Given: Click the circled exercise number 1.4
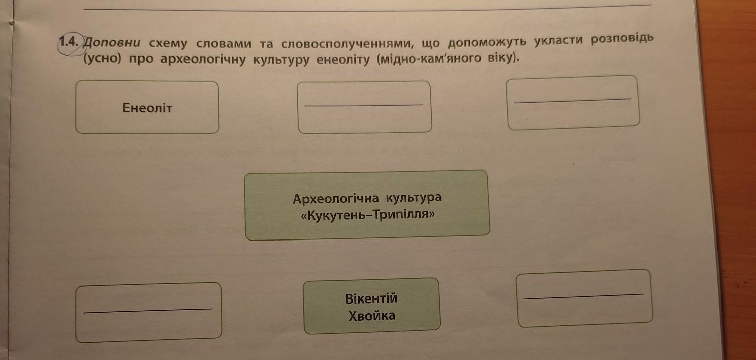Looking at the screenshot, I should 69,42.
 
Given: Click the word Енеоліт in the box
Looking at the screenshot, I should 147,108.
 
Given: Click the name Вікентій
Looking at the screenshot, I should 371,298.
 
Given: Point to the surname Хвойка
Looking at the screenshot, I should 372,316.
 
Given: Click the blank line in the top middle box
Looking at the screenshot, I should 364,105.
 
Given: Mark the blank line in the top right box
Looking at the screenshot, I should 572,101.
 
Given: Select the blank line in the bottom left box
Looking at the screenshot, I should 148,310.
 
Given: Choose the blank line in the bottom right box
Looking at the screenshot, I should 583,296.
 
